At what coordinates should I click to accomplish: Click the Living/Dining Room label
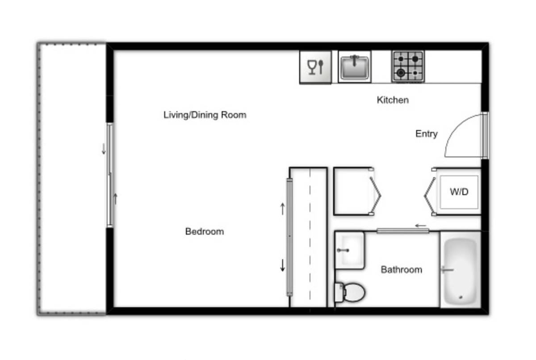tap(205, 115)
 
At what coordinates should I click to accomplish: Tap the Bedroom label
tap(205, 231)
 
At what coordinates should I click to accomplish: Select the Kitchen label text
tap(393, 100)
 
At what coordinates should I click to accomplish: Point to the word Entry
tap(427, 134)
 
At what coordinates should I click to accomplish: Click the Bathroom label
tap(401, 270)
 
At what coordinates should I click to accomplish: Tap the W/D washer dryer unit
tap(459, 192)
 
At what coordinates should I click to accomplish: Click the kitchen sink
tap(355, 67)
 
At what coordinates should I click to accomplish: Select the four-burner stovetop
tap(408, 66)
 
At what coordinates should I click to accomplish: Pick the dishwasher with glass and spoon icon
tap(316, 67)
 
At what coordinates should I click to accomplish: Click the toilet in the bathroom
tap(350, 292)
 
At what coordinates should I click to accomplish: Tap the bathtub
tap(460, 270)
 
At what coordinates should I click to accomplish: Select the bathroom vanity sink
tap(350, 251)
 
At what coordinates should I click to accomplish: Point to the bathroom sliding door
tap(403, 231)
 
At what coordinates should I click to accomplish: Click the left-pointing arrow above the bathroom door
tap(420, 226)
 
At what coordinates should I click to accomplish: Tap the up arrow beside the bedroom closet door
tap(283, 209)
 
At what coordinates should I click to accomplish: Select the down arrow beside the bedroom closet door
tap(283, 265)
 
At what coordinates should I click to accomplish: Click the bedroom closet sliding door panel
tap(289, 237)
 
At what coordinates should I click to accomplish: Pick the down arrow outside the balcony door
tap(104, 149)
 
